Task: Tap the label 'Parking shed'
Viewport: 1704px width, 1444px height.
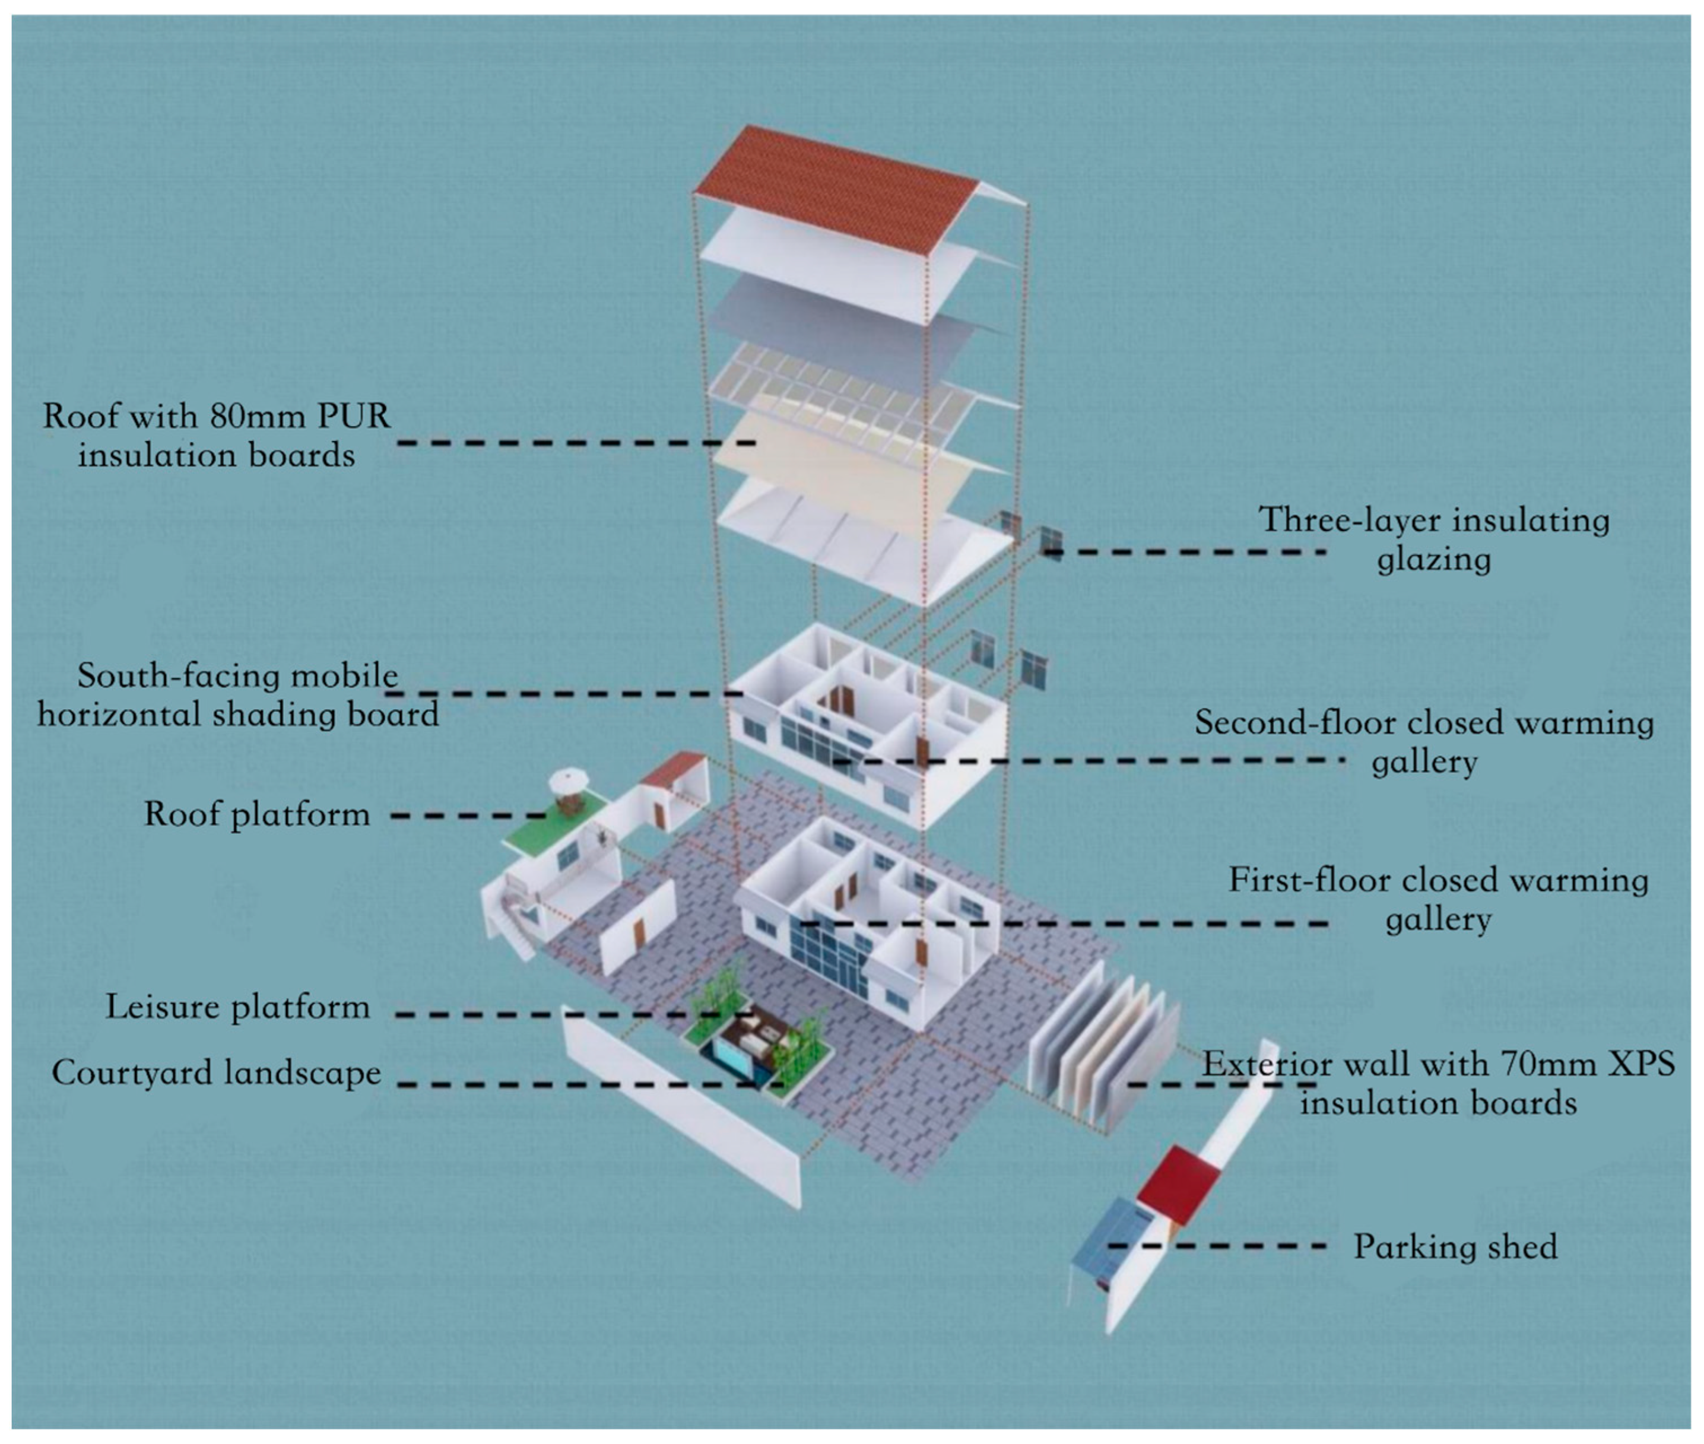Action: point(1454,1247)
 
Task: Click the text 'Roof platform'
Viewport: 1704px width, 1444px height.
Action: point(257,814)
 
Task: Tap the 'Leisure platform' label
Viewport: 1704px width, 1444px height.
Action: point(237,1007)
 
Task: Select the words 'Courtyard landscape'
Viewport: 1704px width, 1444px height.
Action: point(216,1072)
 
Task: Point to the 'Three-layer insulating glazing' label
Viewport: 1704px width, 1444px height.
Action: point(1433,539)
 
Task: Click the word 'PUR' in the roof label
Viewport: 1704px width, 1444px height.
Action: point(354,417)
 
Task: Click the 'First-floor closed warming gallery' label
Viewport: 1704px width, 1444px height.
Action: point(1438,899)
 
